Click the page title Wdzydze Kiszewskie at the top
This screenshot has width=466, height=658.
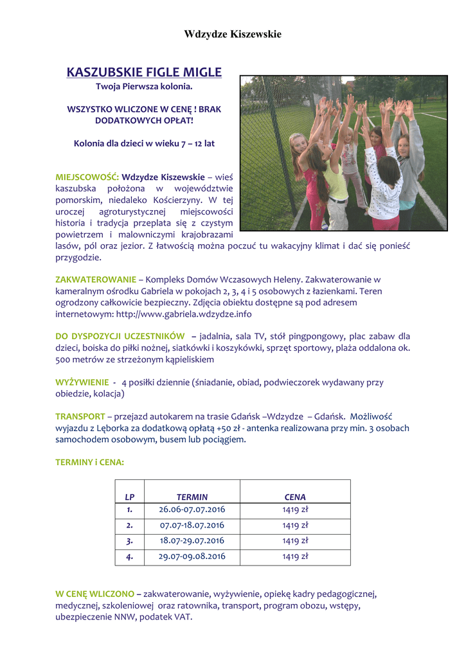click(x=233, y=34)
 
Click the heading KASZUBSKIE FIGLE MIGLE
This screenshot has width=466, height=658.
click(x=144, y=72)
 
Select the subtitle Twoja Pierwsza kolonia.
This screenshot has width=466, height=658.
click(x=144, y=85)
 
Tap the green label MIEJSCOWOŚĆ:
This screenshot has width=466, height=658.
click(x=87, y=177)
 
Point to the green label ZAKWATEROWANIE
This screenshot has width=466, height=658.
click(x=96, y=280)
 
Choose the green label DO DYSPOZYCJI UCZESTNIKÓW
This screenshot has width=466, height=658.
click(x=120, y=336)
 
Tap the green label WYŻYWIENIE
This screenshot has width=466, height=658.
click(x=82, y=382)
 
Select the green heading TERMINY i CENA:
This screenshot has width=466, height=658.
click(x=89, y=462)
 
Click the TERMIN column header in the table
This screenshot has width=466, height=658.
click(x=192, y=497)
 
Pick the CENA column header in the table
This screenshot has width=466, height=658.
click(x=295, y=497)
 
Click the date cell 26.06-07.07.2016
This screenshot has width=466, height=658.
click(x=192, y=510)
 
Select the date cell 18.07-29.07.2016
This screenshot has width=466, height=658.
click(x=192, y=541)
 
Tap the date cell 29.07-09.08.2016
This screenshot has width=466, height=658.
click(x=192, y=556)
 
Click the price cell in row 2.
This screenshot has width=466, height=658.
click(x=295, y=526)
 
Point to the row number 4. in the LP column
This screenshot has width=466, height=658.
click(x=130, y=556)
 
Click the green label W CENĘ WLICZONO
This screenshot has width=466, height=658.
click(x=94, y=594)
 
